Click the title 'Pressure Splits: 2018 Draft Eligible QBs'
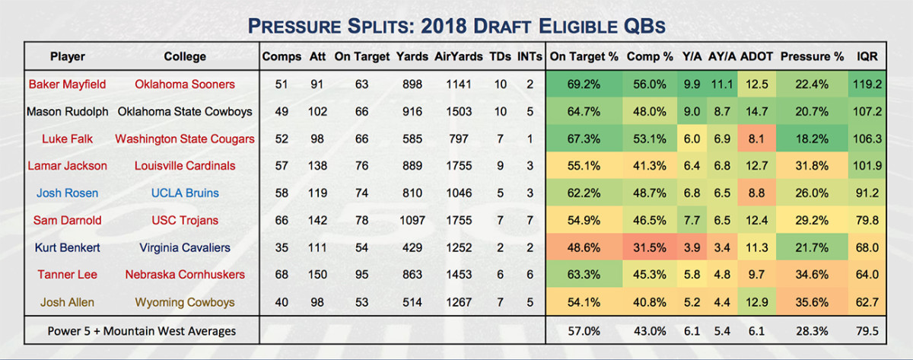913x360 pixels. [456, 26]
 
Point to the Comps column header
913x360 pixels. [281, 56]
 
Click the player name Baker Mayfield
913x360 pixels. [67, 84]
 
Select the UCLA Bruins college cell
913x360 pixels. [184, 193]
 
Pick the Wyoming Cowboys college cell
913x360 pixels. [184, 303]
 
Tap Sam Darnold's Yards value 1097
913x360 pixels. [412, 221]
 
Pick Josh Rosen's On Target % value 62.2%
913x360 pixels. [584, 193]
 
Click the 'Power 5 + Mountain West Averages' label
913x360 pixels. [130, 331]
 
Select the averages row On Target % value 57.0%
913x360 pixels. [584, 331]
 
